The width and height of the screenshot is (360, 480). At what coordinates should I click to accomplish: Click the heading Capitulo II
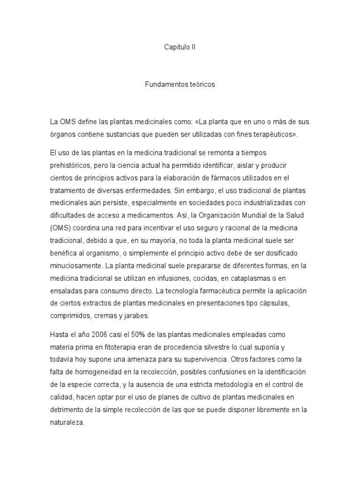pos(180,47)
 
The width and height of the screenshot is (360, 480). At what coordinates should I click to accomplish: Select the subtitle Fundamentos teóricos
pos(180,85)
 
